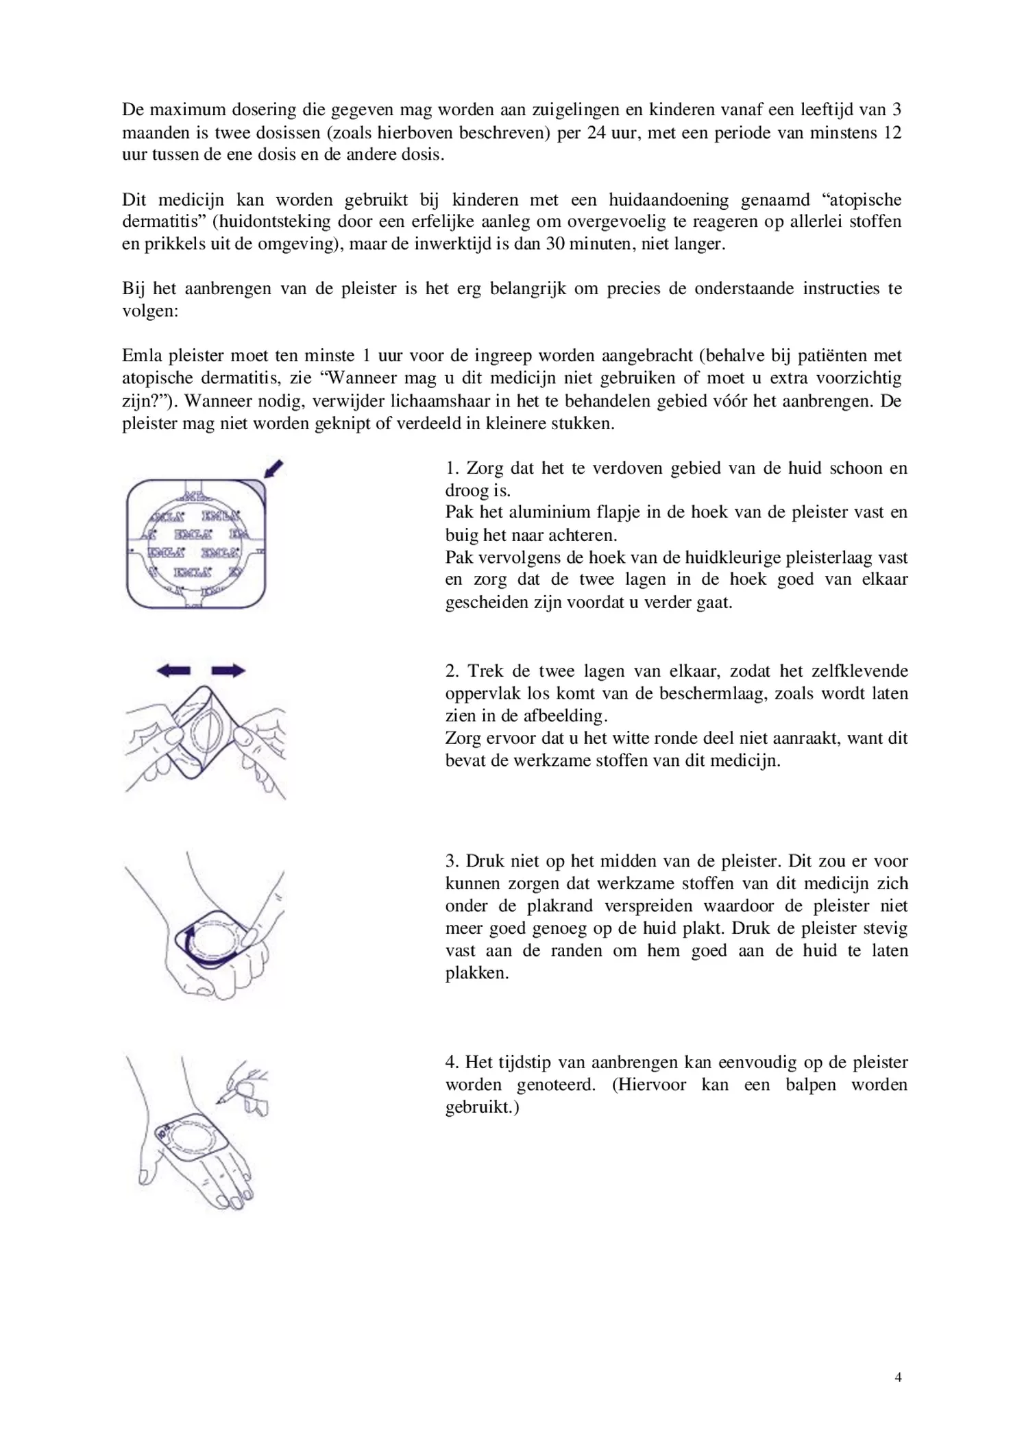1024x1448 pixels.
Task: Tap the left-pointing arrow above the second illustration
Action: coord(173,671)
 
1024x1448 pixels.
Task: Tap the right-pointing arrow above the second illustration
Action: coord(228,671)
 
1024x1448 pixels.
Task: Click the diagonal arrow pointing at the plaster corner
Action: coord(274,469)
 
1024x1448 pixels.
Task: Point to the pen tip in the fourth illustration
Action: coord(219,1101)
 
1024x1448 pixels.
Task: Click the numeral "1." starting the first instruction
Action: coord(452,468)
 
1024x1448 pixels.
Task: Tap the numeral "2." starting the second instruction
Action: coord(452,671)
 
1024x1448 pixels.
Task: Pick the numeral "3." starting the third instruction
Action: coord(452,861)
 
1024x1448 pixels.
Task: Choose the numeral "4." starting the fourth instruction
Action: coord(452,1062)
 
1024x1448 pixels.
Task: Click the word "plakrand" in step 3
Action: coord(560,906)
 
